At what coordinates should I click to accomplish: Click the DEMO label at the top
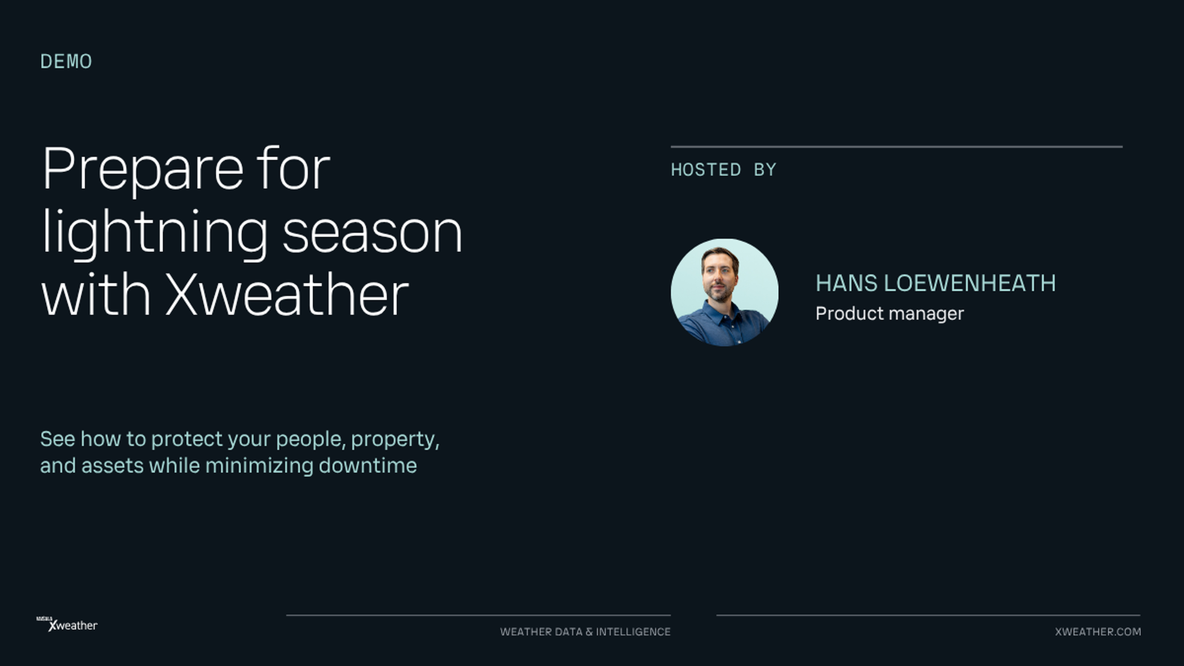pyautogui.click(x=66, y=62)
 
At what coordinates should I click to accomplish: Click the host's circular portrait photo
pyautogui.click(x=724, y=292)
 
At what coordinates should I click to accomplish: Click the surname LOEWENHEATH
pyautogui.click(x=970, y=283)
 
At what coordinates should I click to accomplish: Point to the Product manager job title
pyautogui.click(x=889, y=314)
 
